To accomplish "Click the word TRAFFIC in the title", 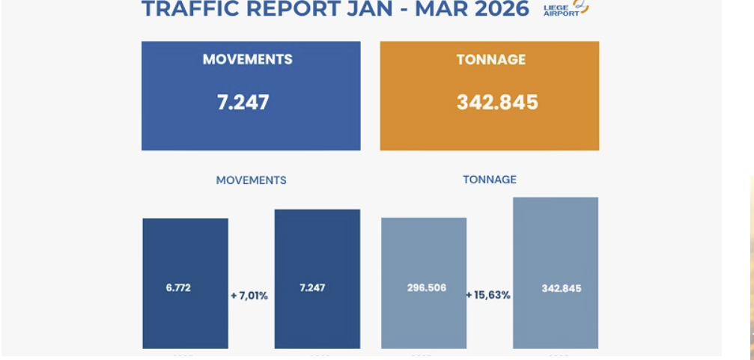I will [182, 9].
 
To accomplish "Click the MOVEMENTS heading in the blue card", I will [247, 60].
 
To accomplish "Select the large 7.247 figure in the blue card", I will [243, 103].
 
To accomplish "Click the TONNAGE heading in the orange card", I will [491, 60].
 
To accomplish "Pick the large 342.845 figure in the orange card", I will [497, 103].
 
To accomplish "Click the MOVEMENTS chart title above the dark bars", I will [251, 180].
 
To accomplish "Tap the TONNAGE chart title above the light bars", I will [490, 180].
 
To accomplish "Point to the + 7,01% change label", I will [249, 296].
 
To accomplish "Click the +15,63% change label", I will [488, 296].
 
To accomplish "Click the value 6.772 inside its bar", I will [178, 287].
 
